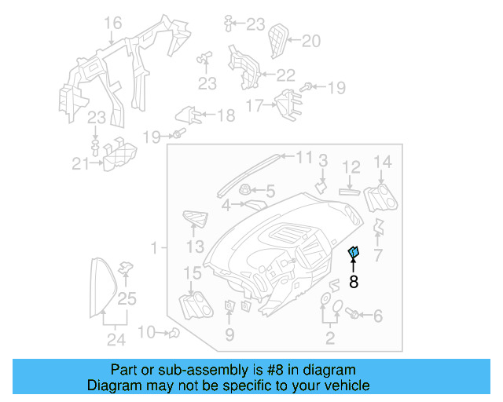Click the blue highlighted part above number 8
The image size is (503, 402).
click(354, 252)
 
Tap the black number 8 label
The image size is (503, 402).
click(354, 282)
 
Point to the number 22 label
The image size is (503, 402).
click(285, 75)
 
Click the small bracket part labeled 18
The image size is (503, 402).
click(185, 115)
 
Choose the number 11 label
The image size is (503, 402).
click(303, 157)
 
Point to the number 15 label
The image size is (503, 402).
click(192, 272)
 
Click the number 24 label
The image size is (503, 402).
click(116, 339)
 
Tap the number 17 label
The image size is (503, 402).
click(255, 104)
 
